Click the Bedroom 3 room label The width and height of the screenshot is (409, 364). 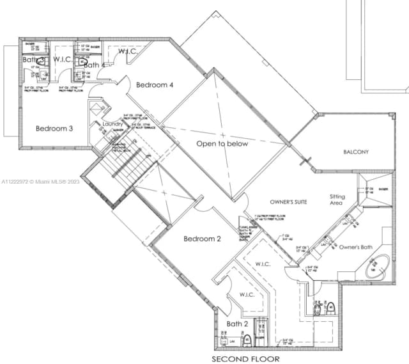54,128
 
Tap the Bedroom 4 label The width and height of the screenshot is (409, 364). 154,84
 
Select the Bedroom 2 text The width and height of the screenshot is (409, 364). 202,239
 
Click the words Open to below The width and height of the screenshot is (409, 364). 222,143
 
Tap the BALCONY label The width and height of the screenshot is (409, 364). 356,152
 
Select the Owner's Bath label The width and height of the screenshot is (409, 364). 355,247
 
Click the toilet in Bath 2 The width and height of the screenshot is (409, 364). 247,338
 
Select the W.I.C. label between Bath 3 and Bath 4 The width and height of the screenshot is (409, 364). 62,59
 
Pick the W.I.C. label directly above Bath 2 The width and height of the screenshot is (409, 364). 247,295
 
